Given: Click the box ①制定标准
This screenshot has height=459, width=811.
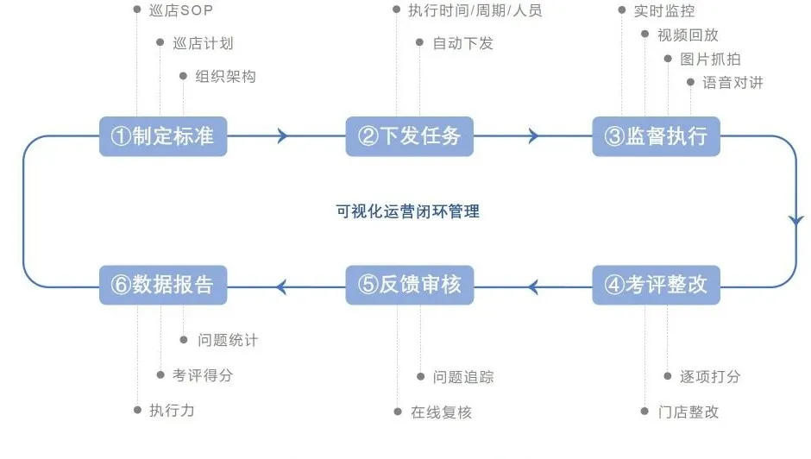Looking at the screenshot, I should tap(163, 136).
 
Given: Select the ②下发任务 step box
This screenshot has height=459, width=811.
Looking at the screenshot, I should tap(410, 136).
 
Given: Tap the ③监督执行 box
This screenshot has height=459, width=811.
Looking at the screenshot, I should tap(656, 136).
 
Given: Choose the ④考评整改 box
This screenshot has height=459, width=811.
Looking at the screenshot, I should tap(656, 285).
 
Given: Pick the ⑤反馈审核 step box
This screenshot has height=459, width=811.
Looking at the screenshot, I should tap(410, 285).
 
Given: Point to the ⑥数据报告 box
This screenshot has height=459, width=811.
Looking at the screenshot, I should tap(163, 285).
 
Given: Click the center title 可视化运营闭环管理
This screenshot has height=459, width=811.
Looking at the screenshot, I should tap(407, 211).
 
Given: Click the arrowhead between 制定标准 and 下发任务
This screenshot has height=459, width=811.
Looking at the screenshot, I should tap(282, 135).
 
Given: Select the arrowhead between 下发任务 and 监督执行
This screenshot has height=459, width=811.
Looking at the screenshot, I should tap(532, 135).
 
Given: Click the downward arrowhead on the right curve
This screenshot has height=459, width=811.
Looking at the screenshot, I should tap(795, 220).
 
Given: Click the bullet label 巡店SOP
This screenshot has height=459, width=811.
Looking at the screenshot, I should tap(180, 10).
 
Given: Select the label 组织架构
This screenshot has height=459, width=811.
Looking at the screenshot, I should tap(225, 76).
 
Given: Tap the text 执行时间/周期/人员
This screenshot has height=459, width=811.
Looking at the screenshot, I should tap(475, 11).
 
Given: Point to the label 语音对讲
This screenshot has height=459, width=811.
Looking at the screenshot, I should tap(732, 83).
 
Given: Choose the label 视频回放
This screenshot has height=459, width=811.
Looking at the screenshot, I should tap(688, 35).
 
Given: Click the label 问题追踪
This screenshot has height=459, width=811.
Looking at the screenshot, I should tap(463, 377).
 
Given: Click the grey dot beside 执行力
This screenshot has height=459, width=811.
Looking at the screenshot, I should tap(137, 411).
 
